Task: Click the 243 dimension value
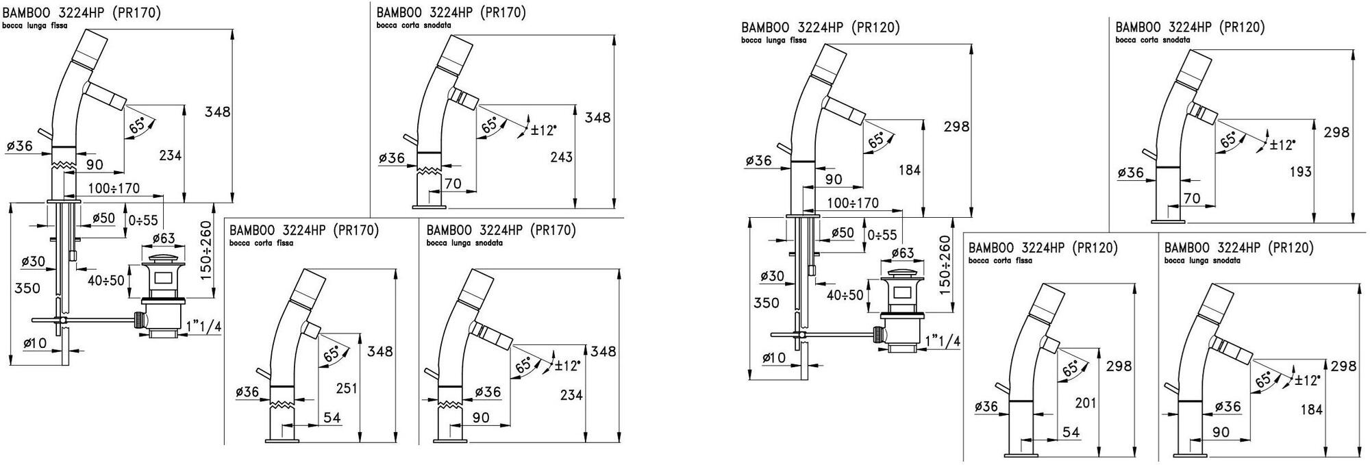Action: (x=561, y=157)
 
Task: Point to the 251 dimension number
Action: (x=347, y=388)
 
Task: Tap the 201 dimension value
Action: (x=1086, y=403)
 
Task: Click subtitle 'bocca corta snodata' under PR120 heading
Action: (x=1152, y=40)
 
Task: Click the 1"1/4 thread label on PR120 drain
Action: (x=942, y=341)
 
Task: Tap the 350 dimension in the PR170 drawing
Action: (x=27, y=288)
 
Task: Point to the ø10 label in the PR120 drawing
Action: (x=774, y=357)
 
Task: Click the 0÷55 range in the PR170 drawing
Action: (x=143, y=220)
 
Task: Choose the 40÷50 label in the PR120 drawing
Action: (x=845, y=295)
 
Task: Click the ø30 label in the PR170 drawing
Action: (x=33, y=261)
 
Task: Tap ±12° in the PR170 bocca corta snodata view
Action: (x=544, y=129)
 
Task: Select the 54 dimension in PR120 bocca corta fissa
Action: (x=1071, y=431)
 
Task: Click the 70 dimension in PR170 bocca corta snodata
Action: (x=453, y=183)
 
